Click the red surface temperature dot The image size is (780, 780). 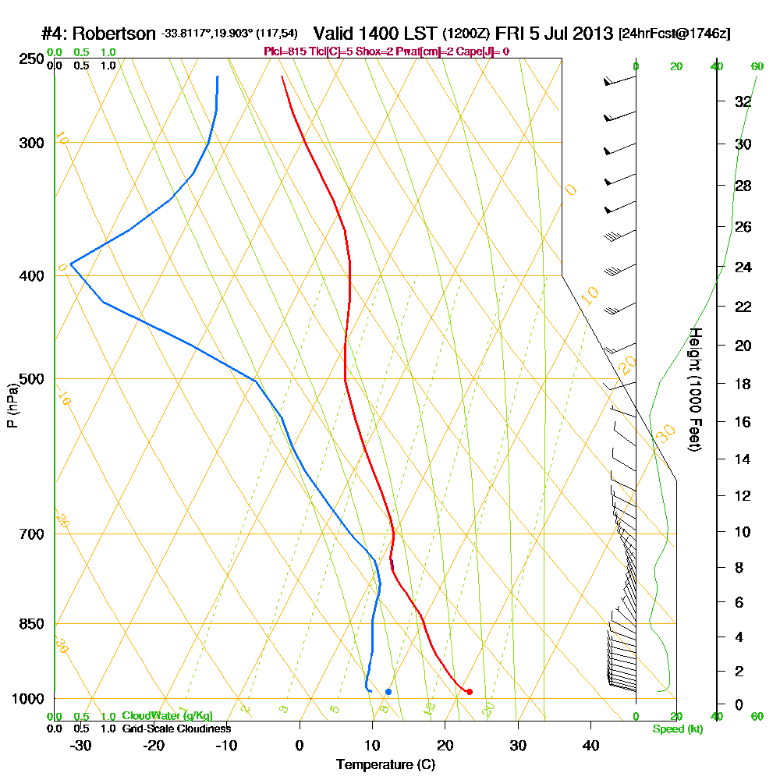coord(469,692)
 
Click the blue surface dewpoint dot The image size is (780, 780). coord(388,692)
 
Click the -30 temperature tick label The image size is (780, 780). coord(80,746)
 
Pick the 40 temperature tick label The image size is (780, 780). coord(590,746)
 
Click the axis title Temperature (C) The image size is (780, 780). coord(385,765)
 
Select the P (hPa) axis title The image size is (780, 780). coord(12,405)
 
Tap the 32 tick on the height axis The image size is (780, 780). coord(742,101)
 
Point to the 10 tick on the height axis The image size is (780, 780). coord(742,532)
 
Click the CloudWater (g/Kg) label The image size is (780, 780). coord(167,716)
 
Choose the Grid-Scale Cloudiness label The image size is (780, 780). coord(175,729)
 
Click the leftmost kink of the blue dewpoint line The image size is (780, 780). coord(70,264)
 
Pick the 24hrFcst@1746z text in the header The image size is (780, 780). coord(674,34)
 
